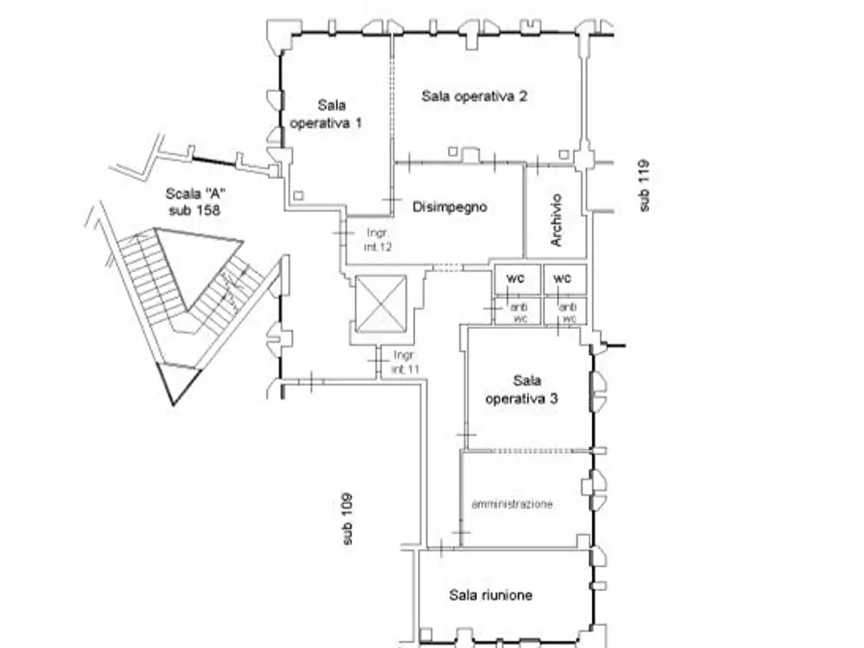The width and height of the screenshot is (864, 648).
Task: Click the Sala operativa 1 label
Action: tap(326, 114)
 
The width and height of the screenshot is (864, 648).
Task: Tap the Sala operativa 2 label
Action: tap(474, 96)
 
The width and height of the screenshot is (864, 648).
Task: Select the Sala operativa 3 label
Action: tap(521, 390)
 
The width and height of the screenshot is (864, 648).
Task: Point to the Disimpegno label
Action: tap(450, 207)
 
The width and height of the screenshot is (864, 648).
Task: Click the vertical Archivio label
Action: tap(556, 220)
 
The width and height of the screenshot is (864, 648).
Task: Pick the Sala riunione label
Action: tap(491, 595)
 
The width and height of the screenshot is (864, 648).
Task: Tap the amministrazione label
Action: tap(512, 504)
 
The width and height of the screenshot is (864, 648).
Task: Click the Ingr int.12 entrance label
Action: tap(377, 240)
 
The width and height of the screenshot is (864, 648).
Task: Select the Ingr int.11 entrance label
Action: tap(405, 362)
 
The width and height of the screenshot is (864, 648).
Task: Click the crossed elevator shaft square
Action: tap(381, 305)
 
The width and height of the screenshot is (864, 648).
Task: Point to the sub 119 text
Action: tap(643, 186)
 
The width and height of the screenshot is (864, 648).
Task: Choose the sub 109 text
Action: tap(346, 519)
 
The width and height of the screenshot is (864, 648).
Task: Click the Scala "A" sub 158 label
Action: tap(195, 202)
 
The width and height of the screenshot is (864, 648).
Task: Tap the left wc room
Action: tap(517, 280)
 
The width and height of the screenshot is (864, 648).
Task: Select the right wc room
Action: tap(565, 280)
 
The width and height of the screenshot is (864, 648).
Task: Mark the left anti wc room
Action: tap(518, 311)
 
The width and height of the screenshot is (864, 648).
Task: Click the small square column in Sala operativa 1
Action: tap(298, 195)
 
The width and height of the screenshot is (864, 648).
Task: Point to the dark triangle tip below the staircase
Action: tap(174, 405)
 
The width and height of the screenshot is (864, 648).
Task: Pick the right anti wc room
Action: tap(565, 311)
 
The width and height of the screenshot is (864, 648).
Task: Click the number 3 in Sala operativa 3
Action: tap(553, 398)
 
